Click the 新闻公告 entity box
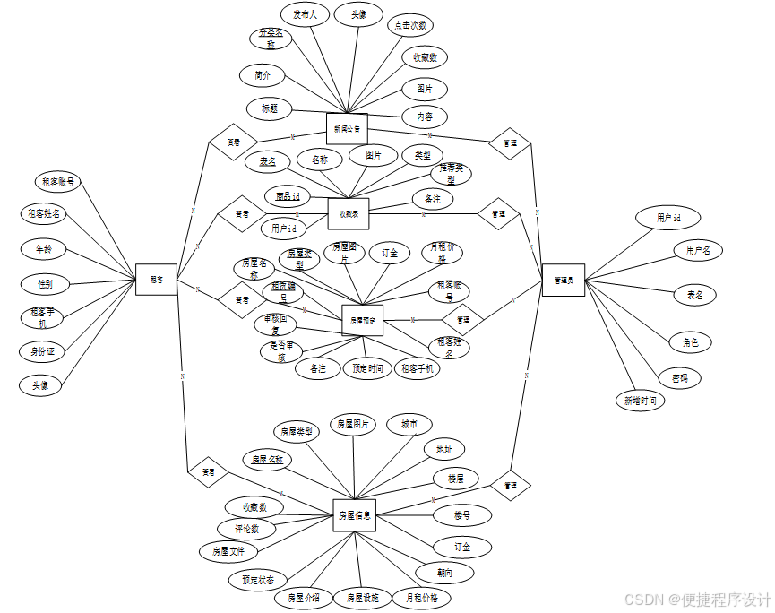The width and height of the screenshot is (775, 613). click(x=347, y=128)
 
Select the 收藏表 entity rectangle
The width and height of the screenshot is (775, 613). click(x=349, y=213)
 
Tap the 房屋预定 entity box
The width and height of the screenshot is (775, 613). click(x=362, y=320)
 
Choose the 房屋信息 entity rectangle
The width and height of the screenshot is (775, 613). click(x=354, y=515)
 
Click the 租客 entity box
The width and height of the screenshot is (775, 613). click(x=156, y=280)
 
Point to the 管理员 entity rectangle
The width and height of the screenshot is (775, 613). click(x=563, y=280)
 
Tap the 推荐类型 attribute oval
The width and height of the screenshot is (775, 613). click(x=451, y=173)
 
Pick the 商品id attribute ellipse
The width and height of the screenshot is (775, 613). click(x=287, y=195)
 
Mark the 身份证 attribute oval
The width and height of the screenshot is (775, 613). click(x=42, y=351)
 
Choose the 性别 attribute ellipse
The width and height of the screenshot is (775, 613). click(x=45, y=284)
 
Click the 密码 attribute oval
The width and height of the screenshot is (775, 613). click(x=680, y=378)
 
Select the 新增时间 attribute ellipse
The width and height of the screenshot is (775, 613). click(x=640, y=401)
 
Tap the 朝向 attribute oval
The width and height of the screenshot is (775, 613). click(x=444, y=572)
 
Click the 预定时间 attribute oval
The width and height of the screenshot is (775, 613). click(x=366, y=368)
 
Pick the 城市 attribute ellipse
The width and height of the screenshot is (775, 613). click(x=409, y=425)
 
